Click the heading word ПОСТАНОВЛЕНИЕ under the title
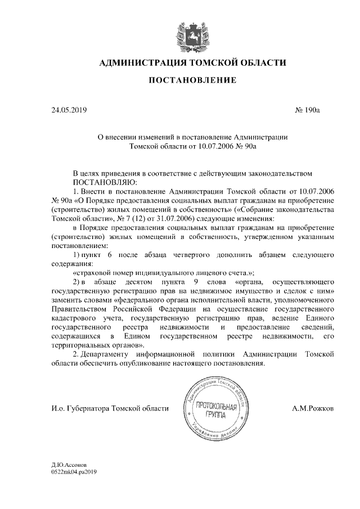192,81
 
